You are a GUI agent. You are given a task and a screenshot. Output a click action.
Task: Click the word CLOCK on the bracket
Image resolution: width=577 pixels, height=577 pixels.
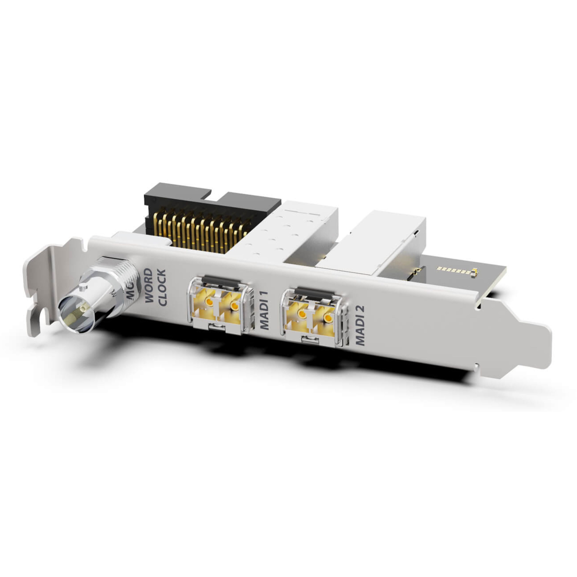(162, 287)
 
